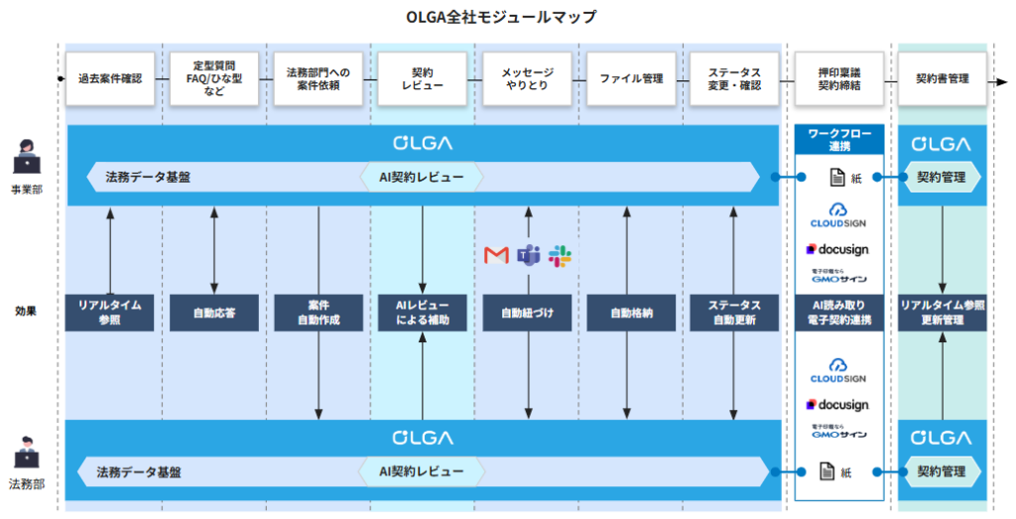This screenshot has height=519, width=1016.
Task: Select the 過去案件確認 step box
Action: (x=110, y=77)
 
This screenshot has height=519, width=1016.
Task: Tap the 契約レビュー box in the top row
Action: (x=422, y=78)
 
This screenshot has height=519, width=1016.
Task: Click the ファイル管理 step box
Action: (x=631, y=77)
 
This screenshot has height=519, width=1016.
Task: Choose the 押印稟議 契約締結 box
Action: (x=839, y=78)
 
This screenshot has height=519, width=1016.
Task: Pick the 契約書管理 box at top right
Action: (x=942, y=77)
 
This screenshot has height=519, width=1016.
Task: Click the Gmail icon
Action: (x=496, y=256)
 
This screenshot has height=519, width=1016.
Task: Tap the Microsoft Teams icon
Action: (x=528, y=256)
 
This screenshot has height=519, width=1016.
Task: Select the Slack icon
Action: (x=561, y=256)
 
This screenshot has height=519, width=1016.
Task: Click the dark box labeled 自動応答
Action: (x=214, y=313)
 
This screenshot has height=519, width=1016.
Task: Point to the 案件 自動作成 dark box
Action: (x=318, y=313)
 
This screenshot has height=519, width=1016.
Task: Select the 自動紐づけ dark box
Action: (x=527, y=313)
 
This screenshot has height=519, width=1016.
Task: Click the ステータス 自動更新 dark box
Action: (x=734, y=313)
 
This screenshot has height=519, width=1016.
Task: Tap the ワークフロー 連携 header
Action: (x=838, y=138)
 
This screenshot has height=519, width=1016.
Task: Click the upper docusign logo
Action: (x=838, y=249)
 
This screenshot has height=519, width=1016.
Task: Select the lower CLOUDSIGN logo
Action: (x=838, y=371)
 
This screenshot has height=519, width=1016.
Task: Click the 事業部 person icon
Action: (x=27, y=160)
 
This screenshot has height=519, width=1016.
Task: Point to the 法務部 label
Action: (x=27, y=485)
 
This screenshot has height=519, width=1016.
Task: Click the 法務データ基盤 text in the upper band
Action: (x=148, y=178)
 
